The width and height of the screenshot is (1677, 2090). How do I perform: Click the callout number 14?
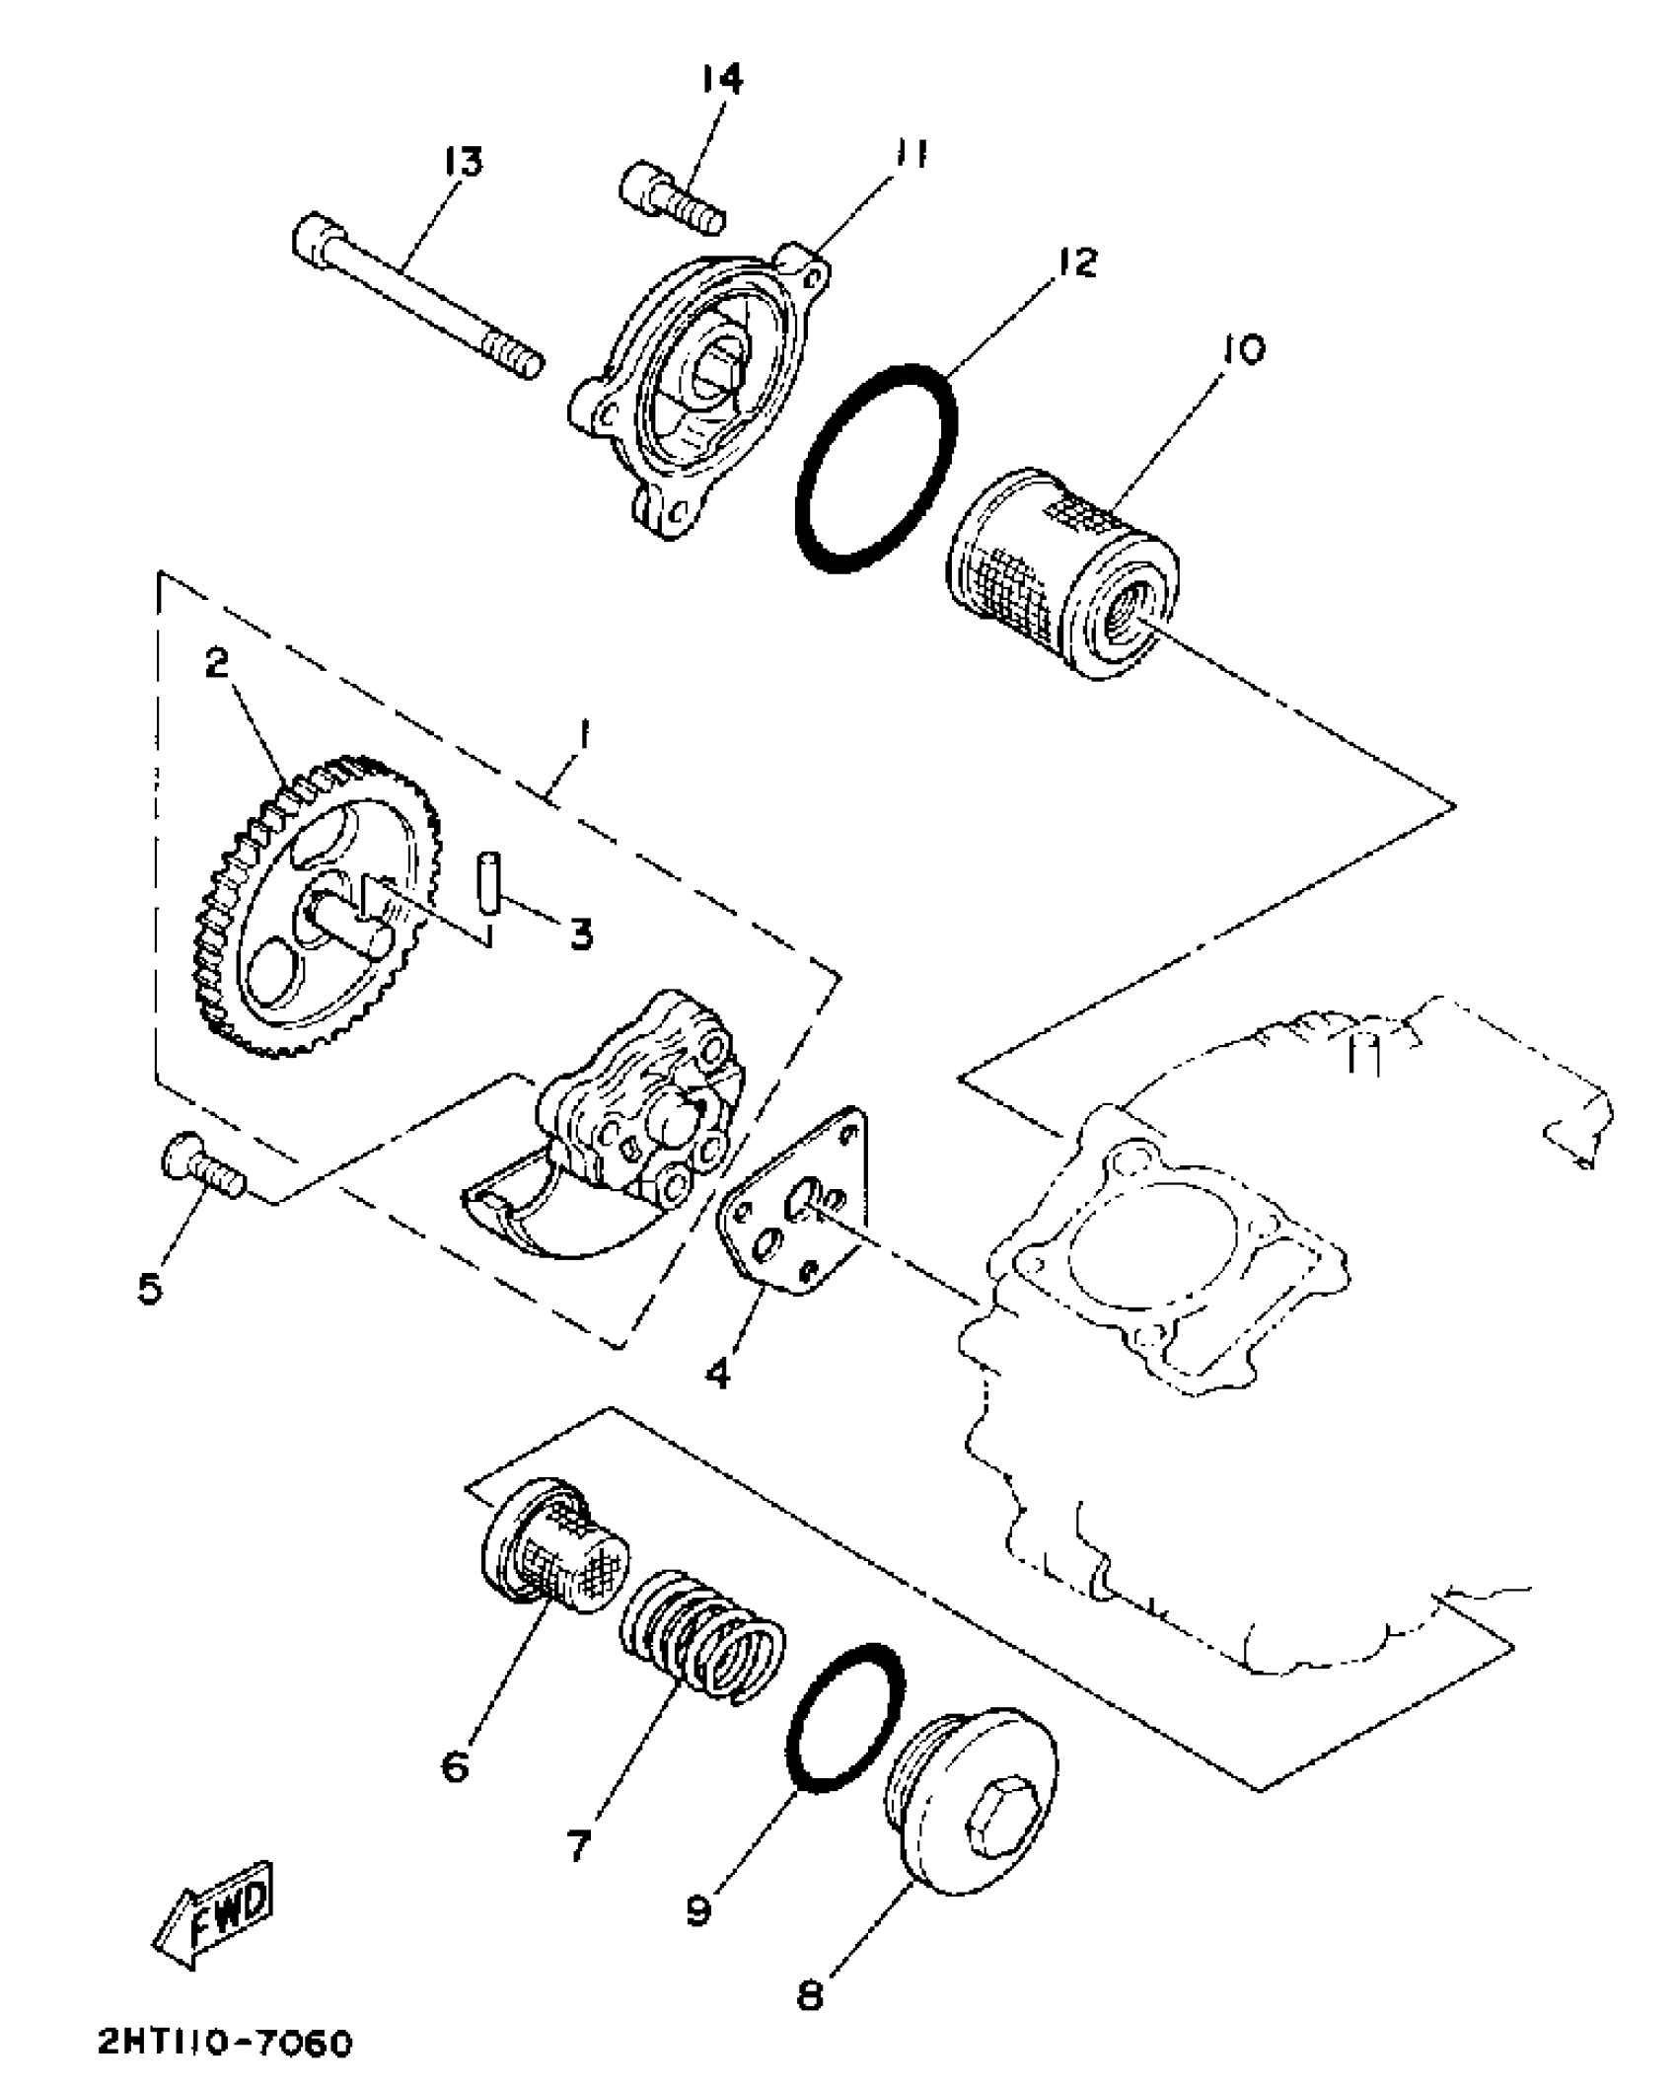(x=722, y=79)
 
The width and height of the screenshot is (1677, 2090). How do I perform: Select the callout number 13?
(x=463, y=161)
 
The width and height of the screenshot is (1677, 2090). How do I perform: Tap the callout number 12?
(x=1078, y=262)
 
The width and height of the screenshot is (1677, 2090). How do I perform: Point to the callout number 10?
(x=1247, y=348)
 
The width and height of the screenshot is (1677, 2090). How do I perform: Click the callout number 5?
(x=149, y=1286)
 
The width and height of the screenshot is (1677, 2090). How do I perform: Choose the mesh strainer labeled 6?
(x=554, y=1547)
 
